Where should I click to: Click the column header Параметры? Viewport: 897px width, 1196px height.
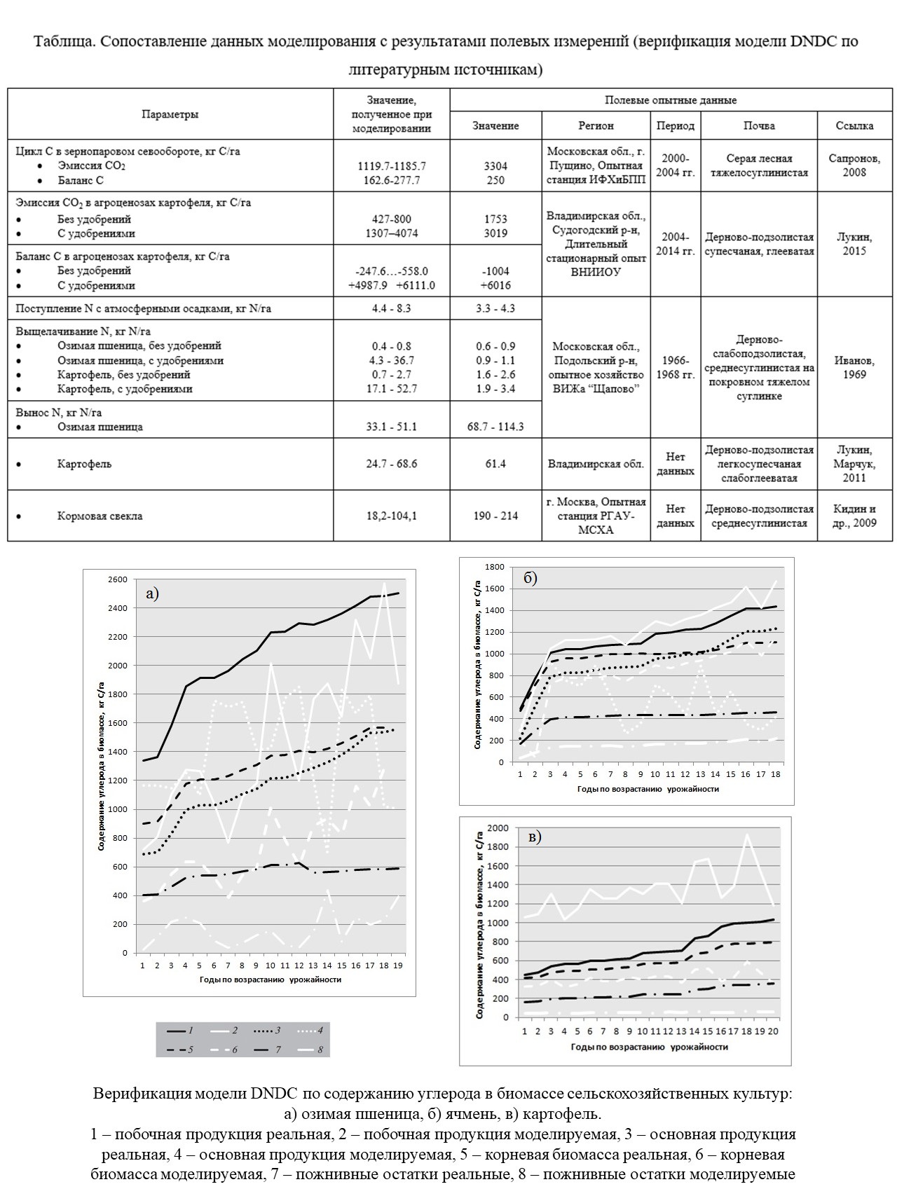[170, 114]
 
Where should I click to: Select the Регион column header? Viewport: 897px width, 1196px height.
[596, 125]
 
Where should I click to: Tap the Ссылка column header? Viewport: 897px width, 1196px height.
[854, 125]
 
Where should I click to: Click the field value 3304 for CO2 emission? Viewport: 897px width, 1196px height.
[495, 166]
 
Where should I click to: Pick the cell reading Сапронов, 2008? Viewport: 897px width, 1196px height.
[854, 165]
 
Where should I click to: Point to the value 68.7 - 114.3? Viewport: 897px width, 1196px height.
[495, 427]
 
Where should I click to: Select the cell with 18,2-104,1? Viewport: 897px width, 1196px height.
[391, 516]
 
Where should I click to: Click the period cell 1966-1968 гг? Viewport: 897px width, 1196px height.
[675, 367]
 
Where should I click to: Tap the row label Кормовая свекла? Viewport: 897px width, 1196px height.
[100, 516]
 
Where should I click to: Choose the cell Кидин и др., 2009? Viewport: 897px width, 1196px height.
[854, 516]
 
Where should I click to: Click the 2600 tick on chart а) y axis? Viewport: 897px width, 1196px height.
[117, 579]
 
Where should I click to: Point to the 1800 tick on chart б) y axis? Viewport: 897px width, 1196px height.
[495, 567]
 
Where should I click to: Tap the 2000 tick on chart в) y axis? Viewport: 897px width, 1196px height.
[499, 828]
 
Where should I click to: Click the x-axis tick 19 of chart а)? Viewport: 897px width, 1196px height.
[399, 965]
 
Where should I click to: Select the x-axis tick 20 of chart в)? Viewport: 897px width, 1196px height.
[774, 1031]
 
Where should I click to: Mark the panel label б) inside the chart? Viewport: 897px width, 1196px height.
[530, 578]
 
